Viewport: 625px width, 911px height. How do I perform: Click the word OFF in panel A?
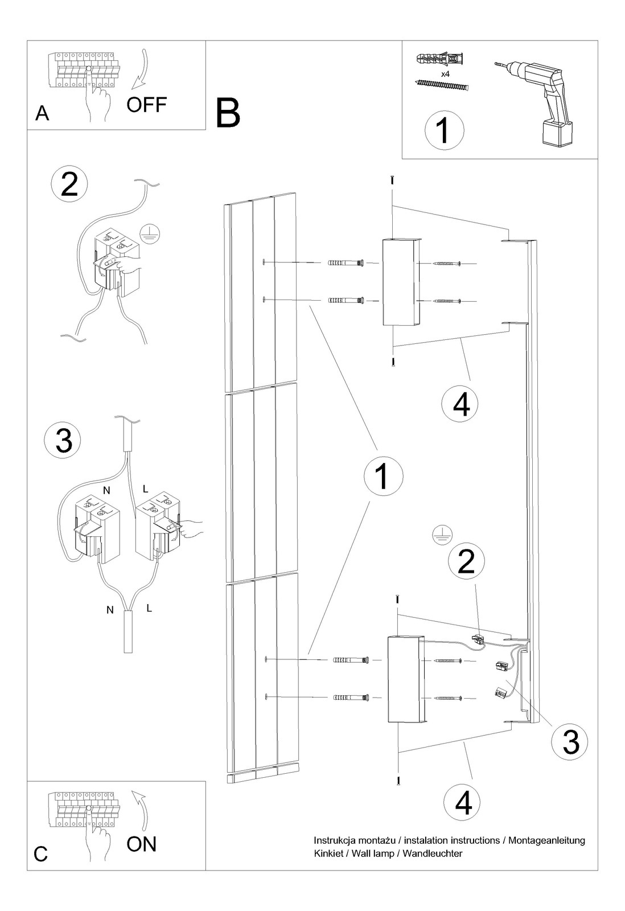click(146, 105)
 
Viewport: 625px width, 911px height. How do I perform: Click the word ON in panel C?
click(141, 844)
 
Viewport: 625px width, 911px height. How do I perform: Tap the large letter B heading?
click(228, 113)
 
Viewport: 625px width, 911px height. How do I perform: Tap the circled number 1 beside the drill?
click(444, 130)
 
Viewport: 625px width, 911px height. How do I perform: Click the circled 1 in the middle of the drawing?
click(382, 477)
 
